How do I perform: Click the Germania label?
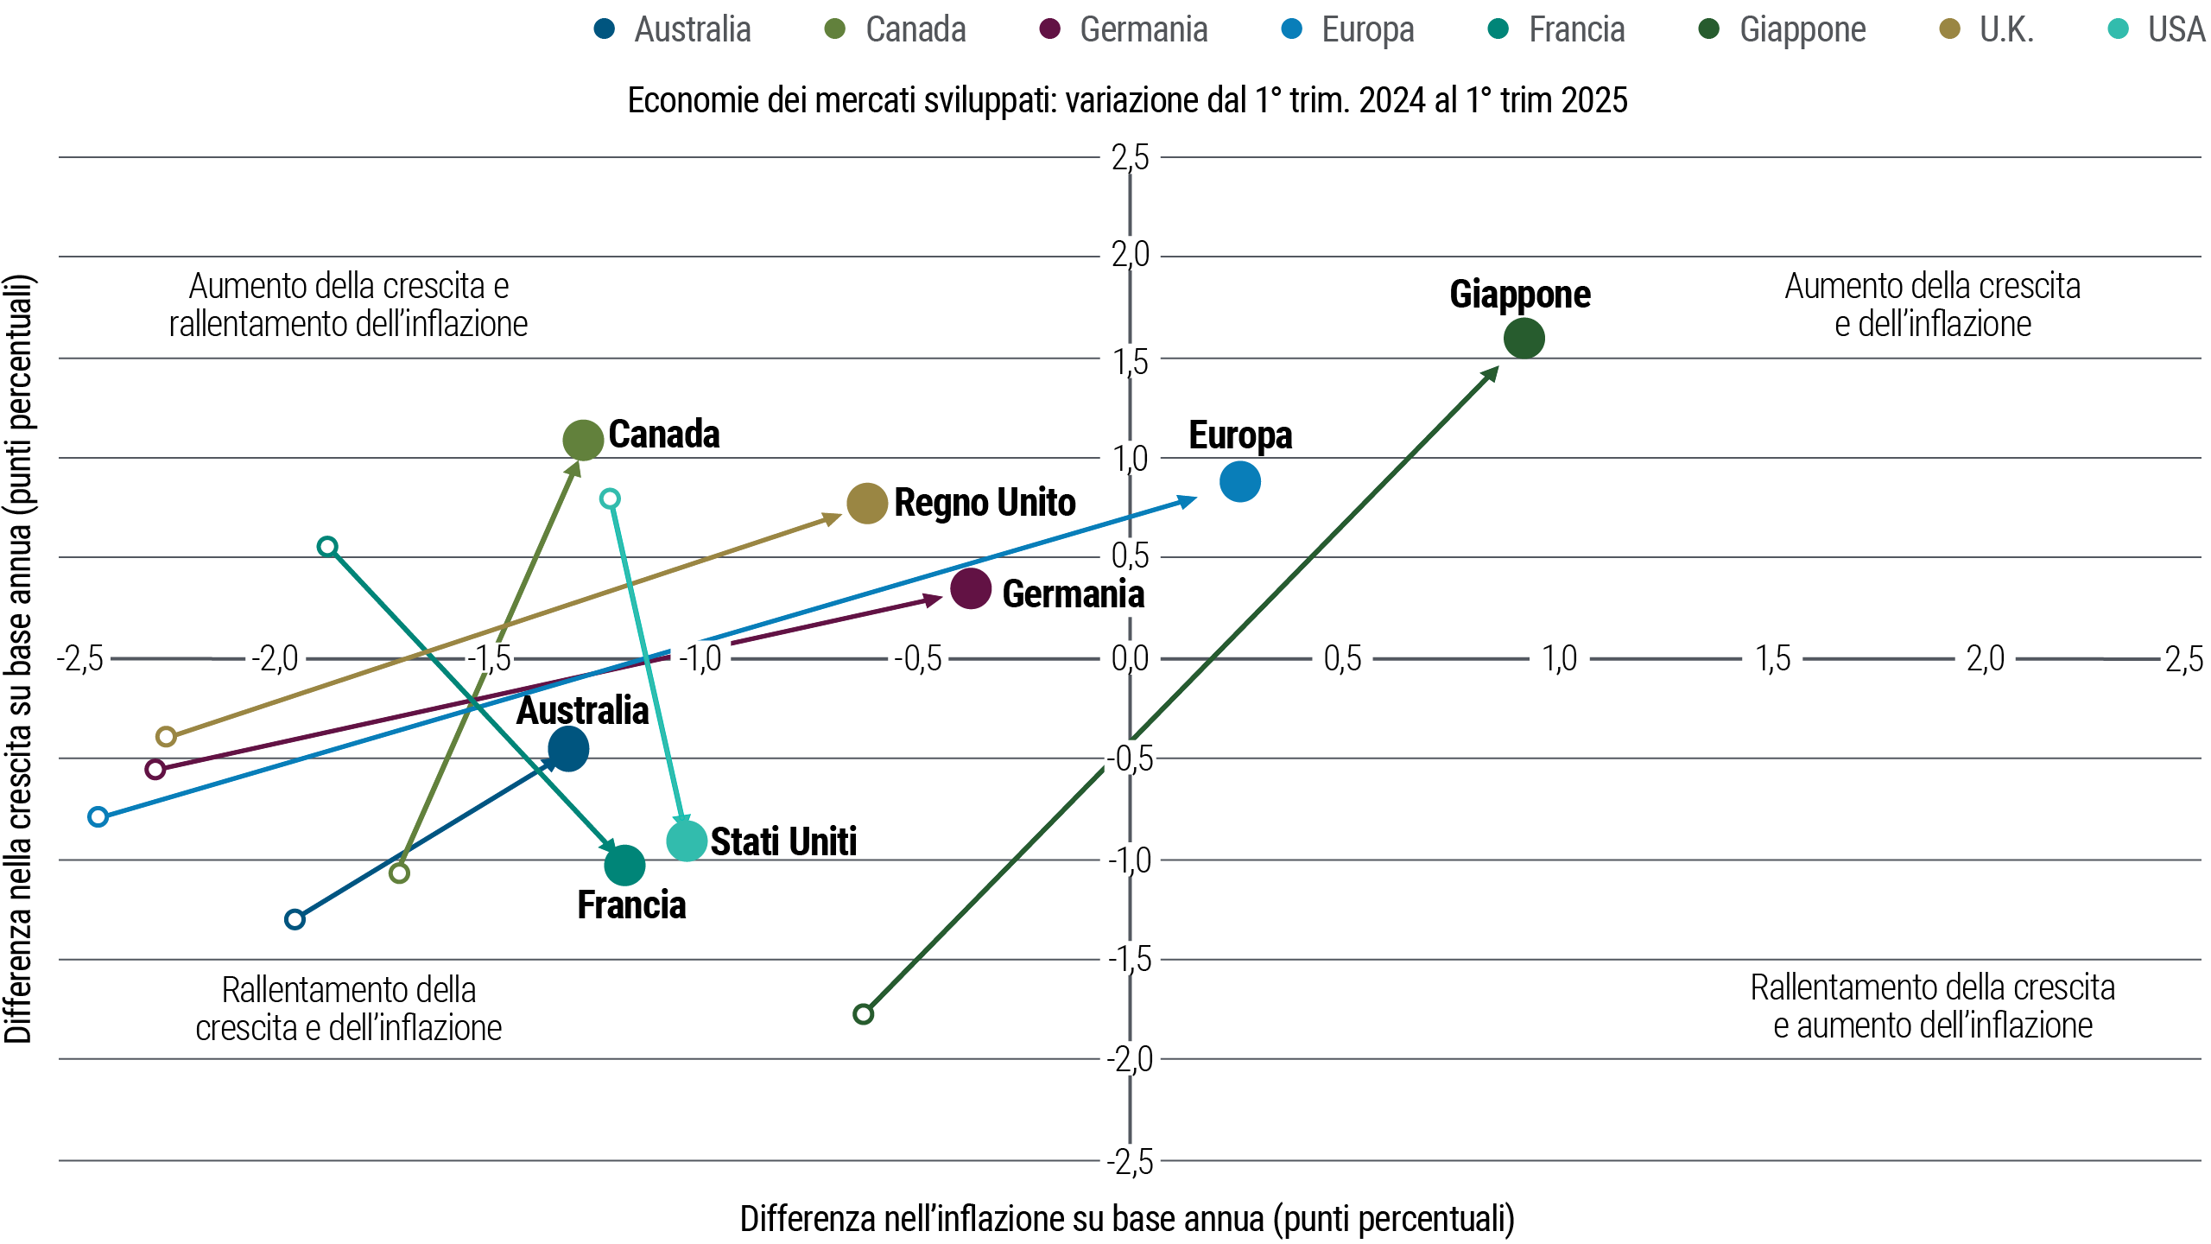pyautogui.click(x=1073, y=594)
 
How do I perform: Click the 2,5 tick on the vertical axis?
pyautogui.click(x=1130, y=158)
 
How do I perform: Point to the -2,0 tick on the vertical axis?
pyautogui.click(x=1130, y=1059)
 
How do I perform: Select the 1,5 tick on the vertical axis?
pyautogui.click(x=1130, y=362)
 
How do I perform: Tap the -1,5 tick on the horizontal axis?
pyautogui.click(x=489, y=659)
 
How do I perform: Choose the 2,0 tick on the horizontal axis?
pyautogui.click(x=1985, y=659)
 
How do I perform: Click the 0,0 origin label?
pyautogui.click(x=1130, y=659)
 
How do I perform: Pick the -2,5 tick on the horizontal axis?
pyautogui.click(x=79, y=659)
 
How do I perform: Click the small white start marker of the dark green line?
pyautogui.click(x=863, y=1013)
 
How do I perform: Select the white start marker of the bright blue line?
pyautogui.click(x=98, y=816)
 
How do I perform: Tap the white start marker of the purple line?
pyautogui.click(x=155, y=769)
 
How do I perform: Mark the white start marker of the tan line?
pyautogui.click(x=166, y=736)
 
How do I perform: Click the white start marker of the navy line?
pyautogui.click(x=295, y=918)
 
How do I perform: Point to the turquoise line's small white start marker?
pyautogui.click(x=610, y=498)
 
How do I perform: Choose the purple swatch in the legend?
pyautogui.click(x=1061, y=29)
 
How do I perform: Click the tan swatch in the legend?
pyautogui.click(x=1960, y=29)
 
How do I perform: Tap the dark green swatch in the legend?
pyautogui.click(x=1720, y=29)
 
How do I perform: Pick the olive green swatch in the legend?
pyautogui.click(x=846, y=29)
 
